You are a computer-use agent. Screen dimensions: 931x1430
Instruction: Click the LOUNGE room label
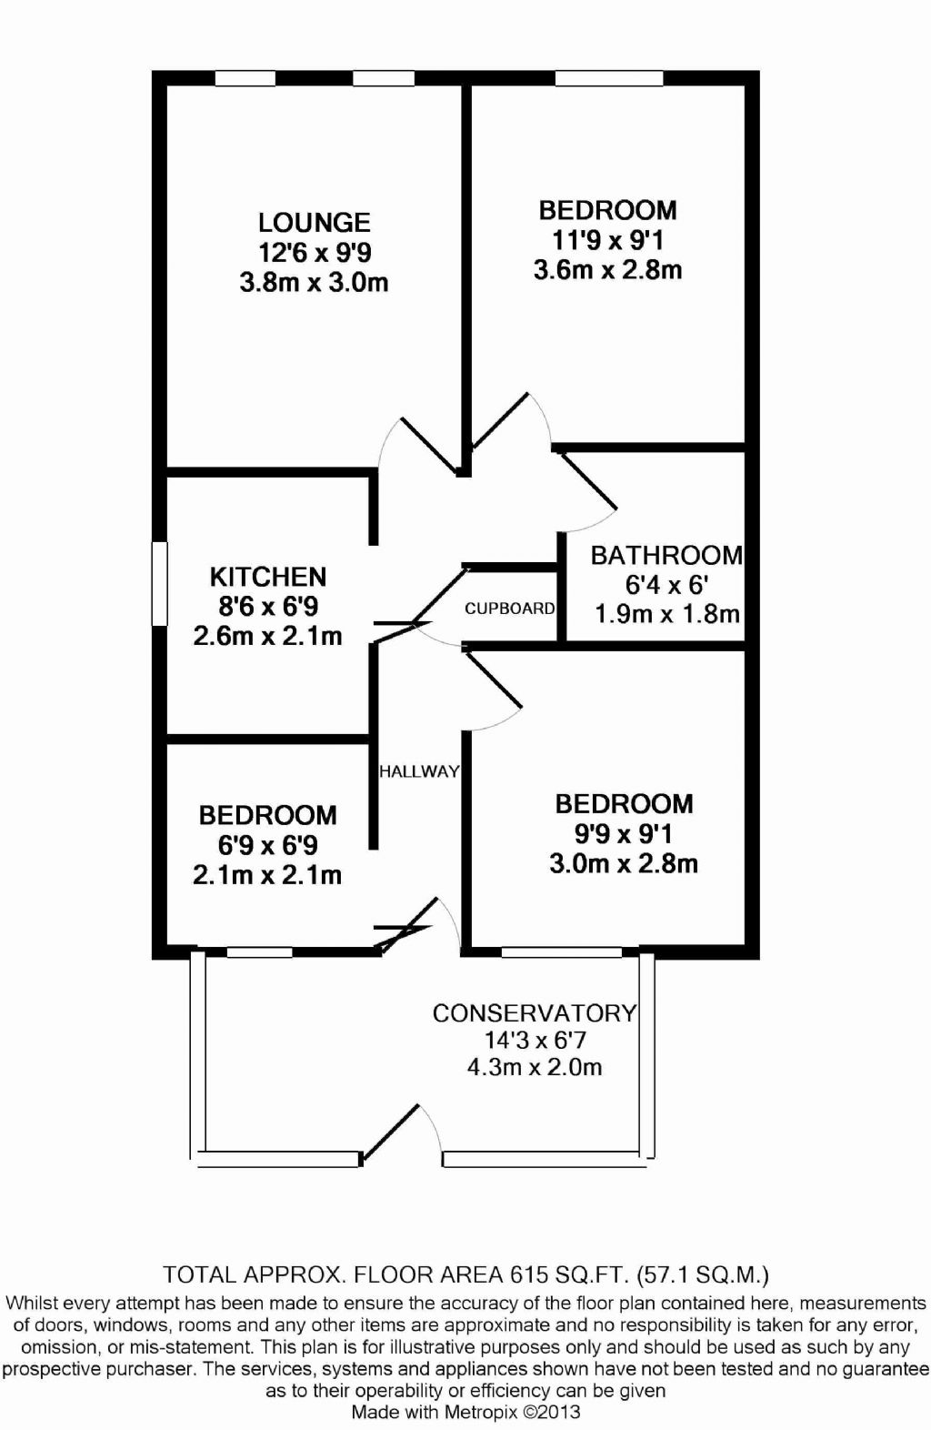coord(314,222)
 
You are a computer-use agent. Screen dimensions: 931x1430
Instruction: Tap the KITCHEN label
coord(267,577)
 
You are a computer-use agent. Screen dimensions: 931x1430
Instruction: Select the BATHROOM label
coord(666,555)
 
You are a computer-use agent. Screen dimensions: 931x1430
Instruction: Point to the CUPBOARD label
coord(509,609)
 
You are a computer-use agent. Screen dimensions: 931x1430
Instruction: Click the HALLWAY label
coord(419,771)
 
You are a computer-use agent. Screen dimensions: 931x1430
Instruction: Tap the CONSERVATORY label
coord(534,1013)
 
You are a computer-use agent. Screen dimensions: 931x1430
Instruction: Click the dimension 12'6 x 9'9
coord(314,252)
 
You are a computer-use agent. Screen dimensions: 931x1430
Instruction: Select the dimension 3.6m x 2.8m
coord(607,269)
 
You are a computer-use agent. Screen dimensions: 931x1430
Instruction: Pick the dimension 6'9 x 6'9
coord(267,845)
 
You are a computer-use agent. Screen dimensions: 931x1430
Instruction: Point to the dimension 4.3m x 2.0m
coord(534,1067)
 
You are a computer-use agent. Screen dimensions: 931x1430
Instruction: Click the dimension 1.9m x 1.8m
coord(666,614)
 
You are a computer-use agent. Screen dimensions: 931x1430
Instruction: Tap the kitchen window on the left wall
coord(160,583)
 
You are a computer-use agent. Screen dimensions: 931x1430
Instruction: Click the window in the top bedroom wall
coord(609,79)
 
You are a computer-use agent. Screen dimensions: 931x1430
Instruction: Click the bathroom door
coord(586,491)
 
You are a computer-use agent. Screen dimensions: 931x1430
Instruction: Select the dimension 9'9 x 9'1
coord(623,833)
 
